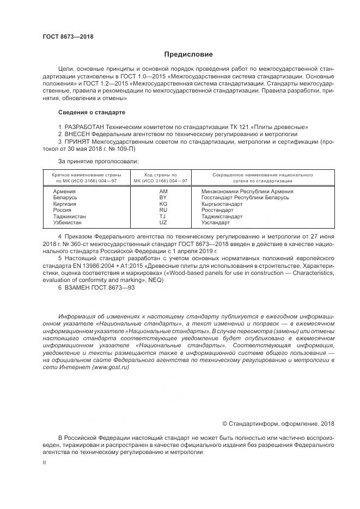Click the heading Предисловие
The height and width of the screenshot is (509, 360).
[188, 54]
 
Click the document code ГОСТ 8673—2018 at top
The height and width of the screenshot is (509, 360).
[68, 37]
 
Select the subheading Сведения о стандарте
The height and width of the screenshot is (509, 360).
[91, 112]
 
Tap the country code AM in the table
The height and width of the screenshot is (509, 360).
[163, 192]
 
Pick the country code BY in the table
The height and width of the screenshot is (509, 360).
[163, 198]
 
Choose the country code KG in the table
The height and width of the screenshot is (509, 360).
[163, 204]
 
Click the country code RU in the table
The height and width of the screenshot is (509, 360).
[163, 210]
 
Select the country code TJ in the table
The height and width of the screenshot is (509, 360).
[163, 216]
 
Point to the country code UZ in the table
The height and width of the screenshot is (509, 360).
[163, 223]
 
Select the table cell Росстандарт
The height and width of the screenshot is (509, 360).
[217, 210]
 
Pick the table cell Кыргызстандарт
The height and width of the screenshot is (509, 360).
[222, 204]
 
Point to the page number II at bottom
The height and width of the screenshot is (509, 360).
[45, 462]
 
